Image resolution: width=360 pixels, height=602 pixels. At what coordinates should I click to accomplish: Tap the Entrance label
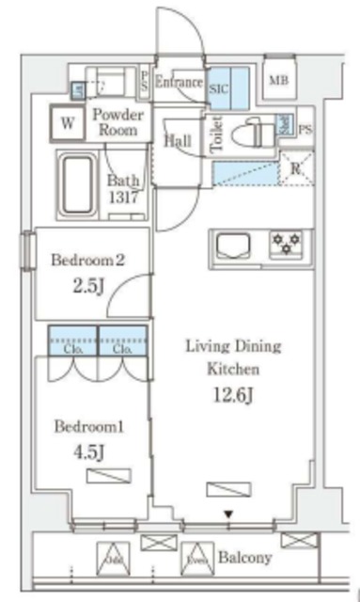tap(179, 83)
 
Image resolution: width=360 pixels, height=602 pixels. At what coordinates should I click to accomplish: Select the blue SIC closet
tap(227, 88)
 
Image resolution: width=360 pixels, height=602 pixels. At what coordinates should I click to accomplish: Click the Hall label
tap(178, 140)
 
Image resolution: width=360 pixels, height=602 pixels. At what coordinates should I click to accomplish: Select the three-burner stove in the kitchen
tap(286, 246)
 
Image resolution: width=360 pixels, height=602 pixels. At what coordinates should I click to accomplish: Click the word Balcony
tap(245, 557)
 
